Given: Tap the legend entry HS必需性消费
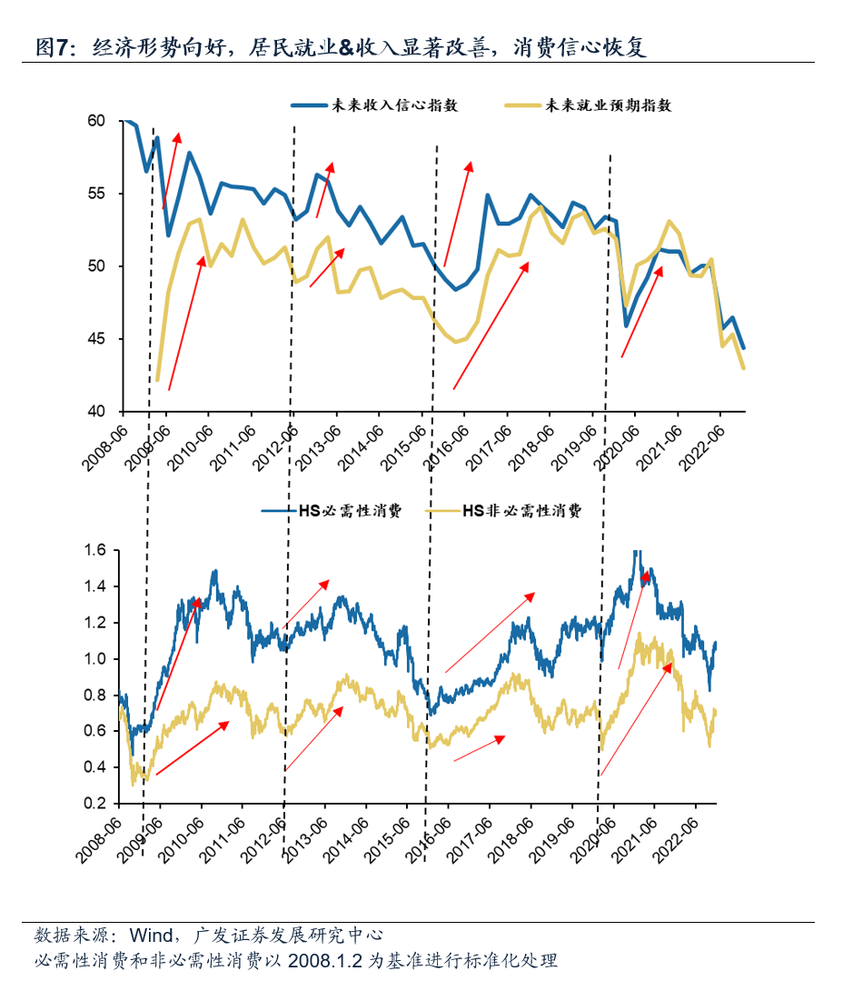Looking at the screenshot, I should (350, 511).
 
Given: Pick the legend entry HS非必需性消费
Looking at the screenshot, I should (521, 511).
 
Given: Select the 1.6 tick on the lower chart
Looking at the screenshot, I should (95, 550).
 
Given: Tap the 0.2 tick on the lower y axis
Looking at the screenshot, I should (95, 804).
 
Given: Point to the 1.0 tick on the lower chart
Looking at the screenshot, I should (95, 659).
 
